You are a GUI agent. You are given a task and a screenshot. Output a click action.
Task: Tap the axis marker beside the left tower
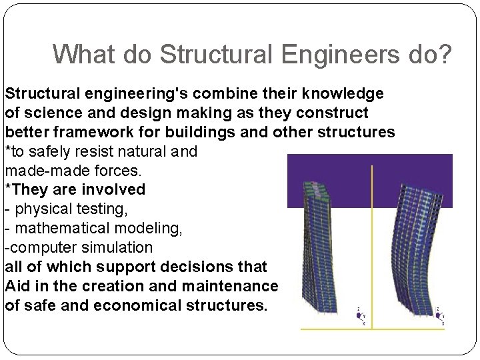click(361, 315)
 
